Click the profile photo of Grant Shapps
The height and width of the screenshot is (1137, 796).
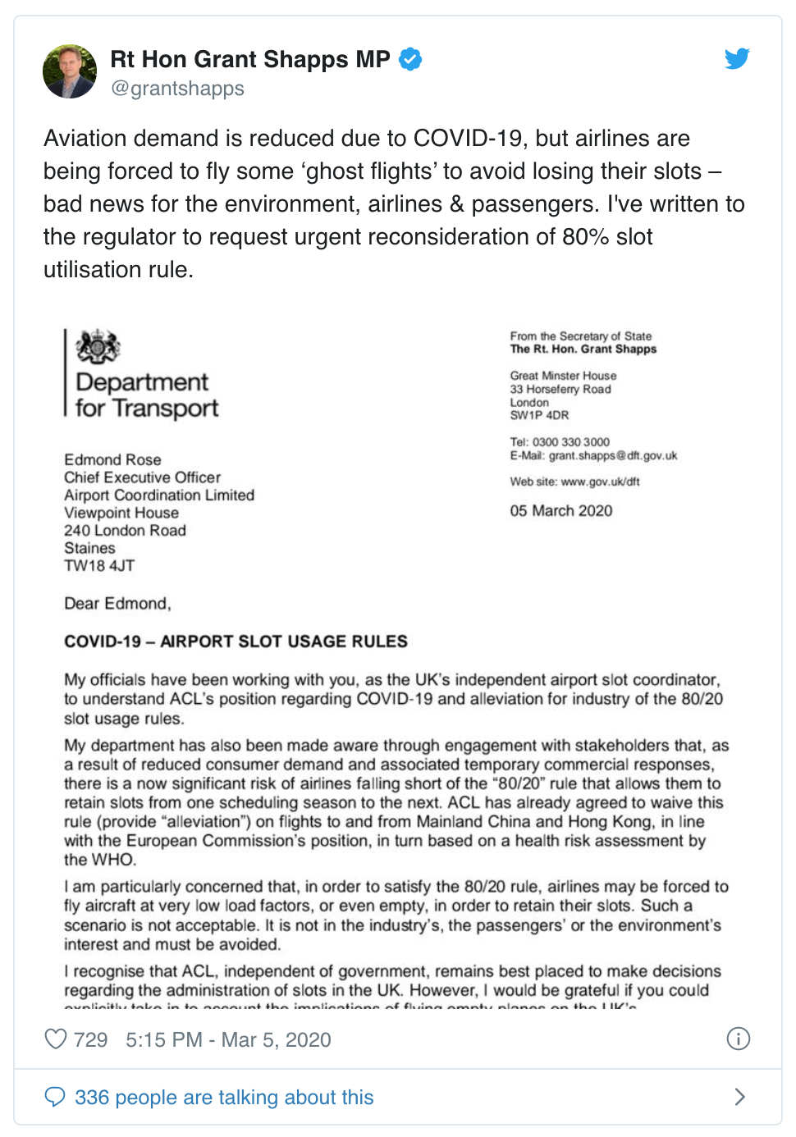[x=70, y=71]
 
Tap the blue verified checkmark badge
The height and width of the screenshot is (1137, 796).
[x=410, y=59]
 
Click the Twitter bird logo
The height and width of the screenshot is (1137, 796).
[x=737, y=58]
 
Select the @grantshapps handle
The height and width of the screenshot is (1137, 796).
[x=177, y=89]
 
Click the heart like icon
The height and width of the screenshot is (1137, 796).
[x=56, y=1039]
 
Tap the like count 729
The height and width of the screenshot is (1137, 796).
[x=90, y=1040]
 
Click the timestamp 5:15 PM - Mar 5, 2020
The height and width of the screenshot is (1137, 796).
[x=228, y=1040]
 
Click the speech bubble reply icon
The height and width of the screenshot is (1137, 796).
[x=55, y=1097]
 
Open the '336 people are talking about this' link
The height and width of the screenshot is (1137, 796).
[x=224, y=1098]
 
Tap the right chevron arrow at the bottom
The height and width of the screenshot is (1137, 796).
[x=739, y=1097]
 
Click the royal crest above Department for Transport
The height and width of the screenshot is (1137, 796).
[x=98, y=347]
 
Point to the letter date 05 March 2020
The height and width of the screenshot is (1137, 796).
[x=561, y=511]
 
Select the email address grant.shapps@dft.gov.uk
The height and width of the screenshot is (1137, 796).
[x=613, y=456]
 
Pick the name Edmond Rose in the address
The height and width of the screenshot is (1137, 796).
[x=112, y=460]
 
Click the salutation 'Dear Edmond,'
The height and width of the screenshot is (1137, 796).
[x=117, y=604]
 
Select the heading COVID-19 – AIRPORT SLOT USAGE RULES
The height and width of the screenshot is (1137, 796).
[x=236, y=642]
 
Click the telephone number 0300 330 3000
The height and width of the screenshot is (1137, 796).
[x=571, y=442]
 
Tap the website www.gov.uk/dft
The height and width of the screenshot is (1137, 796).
[x=600, y=482]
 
